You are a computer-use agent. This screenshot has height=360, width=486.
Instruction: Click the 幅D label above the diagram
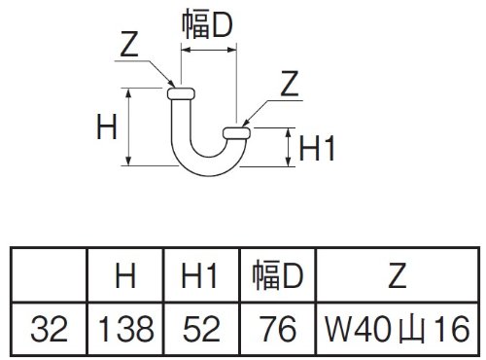click(x=207, y=23)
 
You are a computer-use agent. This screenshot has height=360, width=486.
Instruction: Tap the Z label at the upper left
click(x=129, y=44)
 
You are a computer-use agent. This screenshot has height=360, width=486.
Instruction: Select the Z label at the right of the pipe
click(x=289, y=84)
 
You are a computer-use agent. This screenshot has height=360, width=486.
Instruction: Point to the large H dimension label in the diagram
click(x=107, y=126)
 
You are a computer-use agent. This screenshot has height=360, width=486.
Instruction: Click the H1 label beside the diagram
click(x=317, y=148)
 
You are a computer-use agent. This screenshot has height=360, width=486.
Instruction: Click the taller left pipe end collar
click(x=181, y=93)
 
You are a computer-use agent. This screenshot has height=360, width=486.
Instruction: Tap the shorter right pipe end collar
click(x=236, y=133)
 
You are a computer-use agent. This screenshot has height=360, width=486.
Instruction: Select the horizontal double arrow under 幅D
click(x=209, y=50)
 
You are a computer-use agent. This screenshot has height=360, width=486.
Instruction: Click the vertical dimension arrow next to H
click(x=128, y=126)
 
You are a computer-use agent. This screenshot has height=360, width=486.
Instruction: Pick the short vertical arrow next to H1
click(x=288, y=147)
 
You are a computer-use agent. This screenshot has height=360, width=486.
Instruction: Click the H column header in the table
click(x=125, y=275)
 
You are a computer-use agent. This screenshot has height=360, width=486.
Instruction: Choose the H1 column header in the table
click(x=199, y=275)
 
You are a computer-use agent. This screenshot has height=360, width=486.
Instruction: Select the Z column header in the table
click(x=398, y=275)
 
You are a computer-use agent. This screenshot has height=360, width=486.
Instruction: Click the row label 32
click(x=50, y=329)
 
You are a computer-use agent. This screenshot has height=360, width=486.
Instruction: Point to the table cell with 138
click(x=125, y=329)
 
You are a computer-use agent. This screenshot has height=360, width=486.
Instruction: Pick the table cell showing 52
click(x=201, y=329)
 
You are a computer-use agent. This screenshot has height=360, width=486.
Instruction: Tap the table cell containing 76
click(x=278, y=329)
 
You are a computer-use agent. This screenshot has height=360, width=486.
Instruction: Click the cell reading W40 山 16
click(x=398, y=329)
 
